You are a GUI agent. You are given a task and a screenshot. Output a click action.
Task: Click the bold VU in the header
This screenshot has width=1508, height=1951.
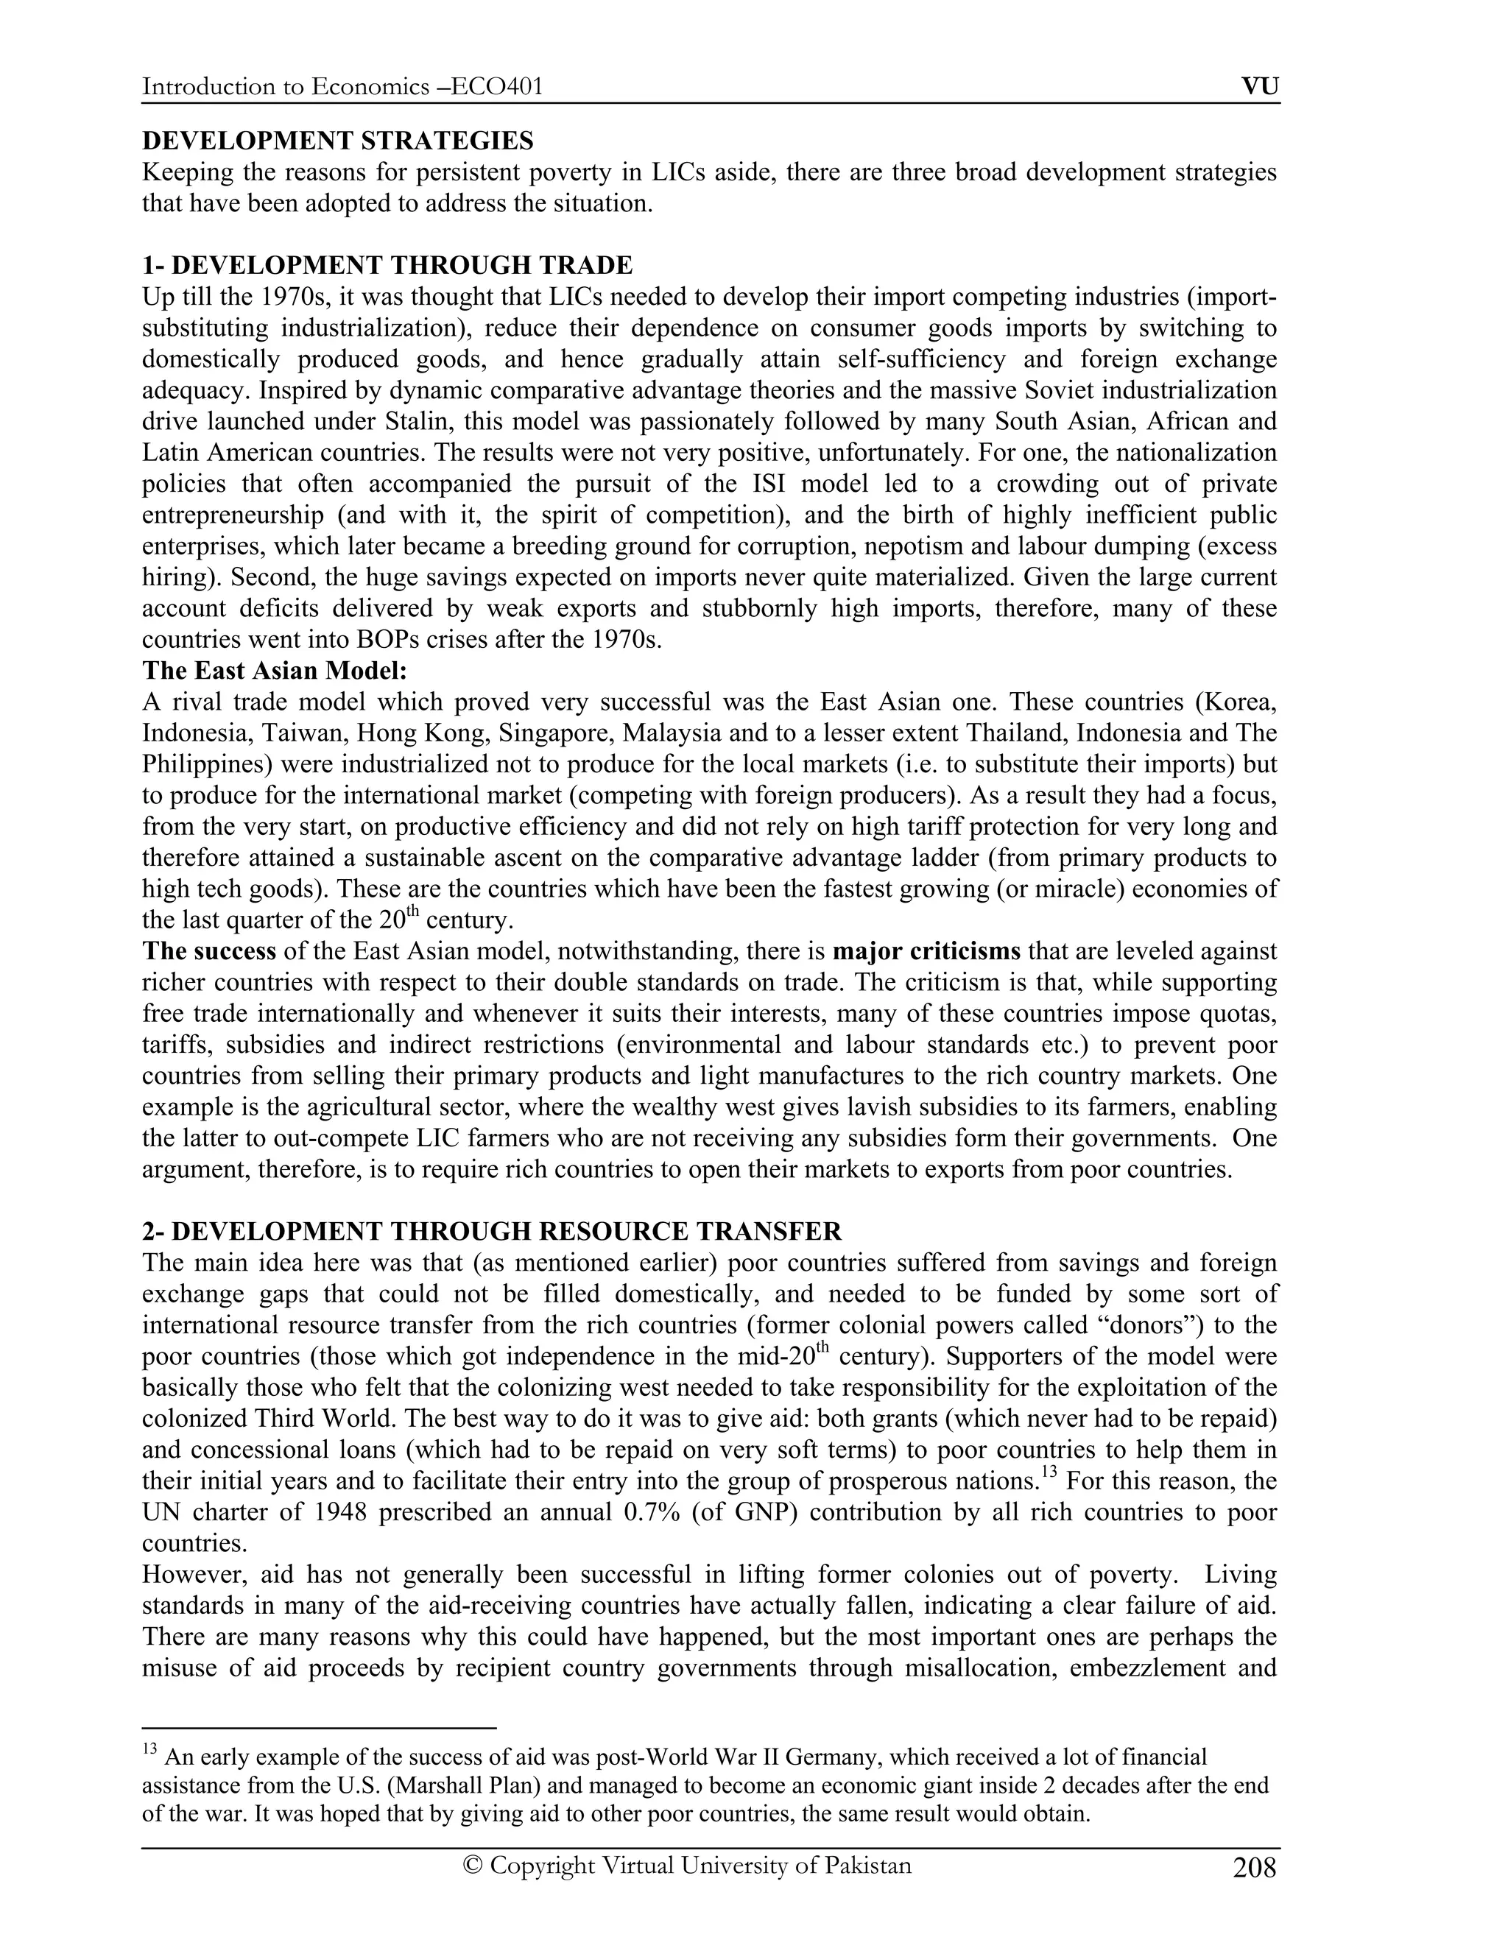pyautogui.click(x=1260, y=87)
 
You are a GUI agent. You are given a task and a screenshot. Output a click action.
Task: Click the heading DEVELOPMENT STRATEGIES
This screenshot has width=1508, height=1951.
pyautogui.click(x=338, y=141)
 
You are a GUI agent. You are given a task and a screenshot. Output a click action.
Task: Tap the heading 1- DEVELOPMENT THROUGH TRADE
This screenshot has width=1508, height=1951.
pyautogui.click(x=388, y=265)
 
